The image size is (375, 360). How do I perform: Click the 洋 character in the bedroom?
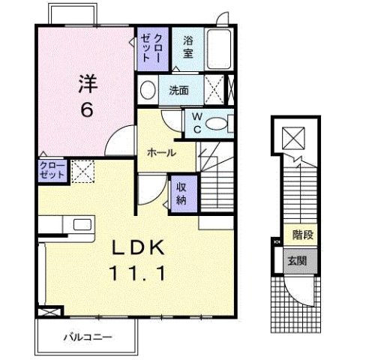pyautogui.click(x=87, y=83)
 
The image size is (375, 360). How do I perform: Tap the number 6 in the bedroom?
pyautogui.click(x=87, y=109)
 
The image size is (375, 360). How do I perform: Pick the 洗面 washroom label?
pyautogui.click(x=178, y=91)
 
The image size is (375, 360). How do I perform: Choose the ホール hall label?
pyautogui.click(x=161, y=153)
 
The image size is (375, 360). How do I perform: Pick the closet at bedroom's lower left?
pyautogui.click(x=52, y=171)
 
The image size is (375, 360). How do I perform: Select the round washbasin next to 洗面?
pyautogui.click(x=148, y=89)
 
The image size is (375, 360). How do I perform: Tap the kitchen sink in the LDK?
pyautogui.click(x=79, y=223)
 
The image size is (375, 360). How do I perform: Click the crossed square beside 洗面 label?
pyautogui.click(x=213, y=91)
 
